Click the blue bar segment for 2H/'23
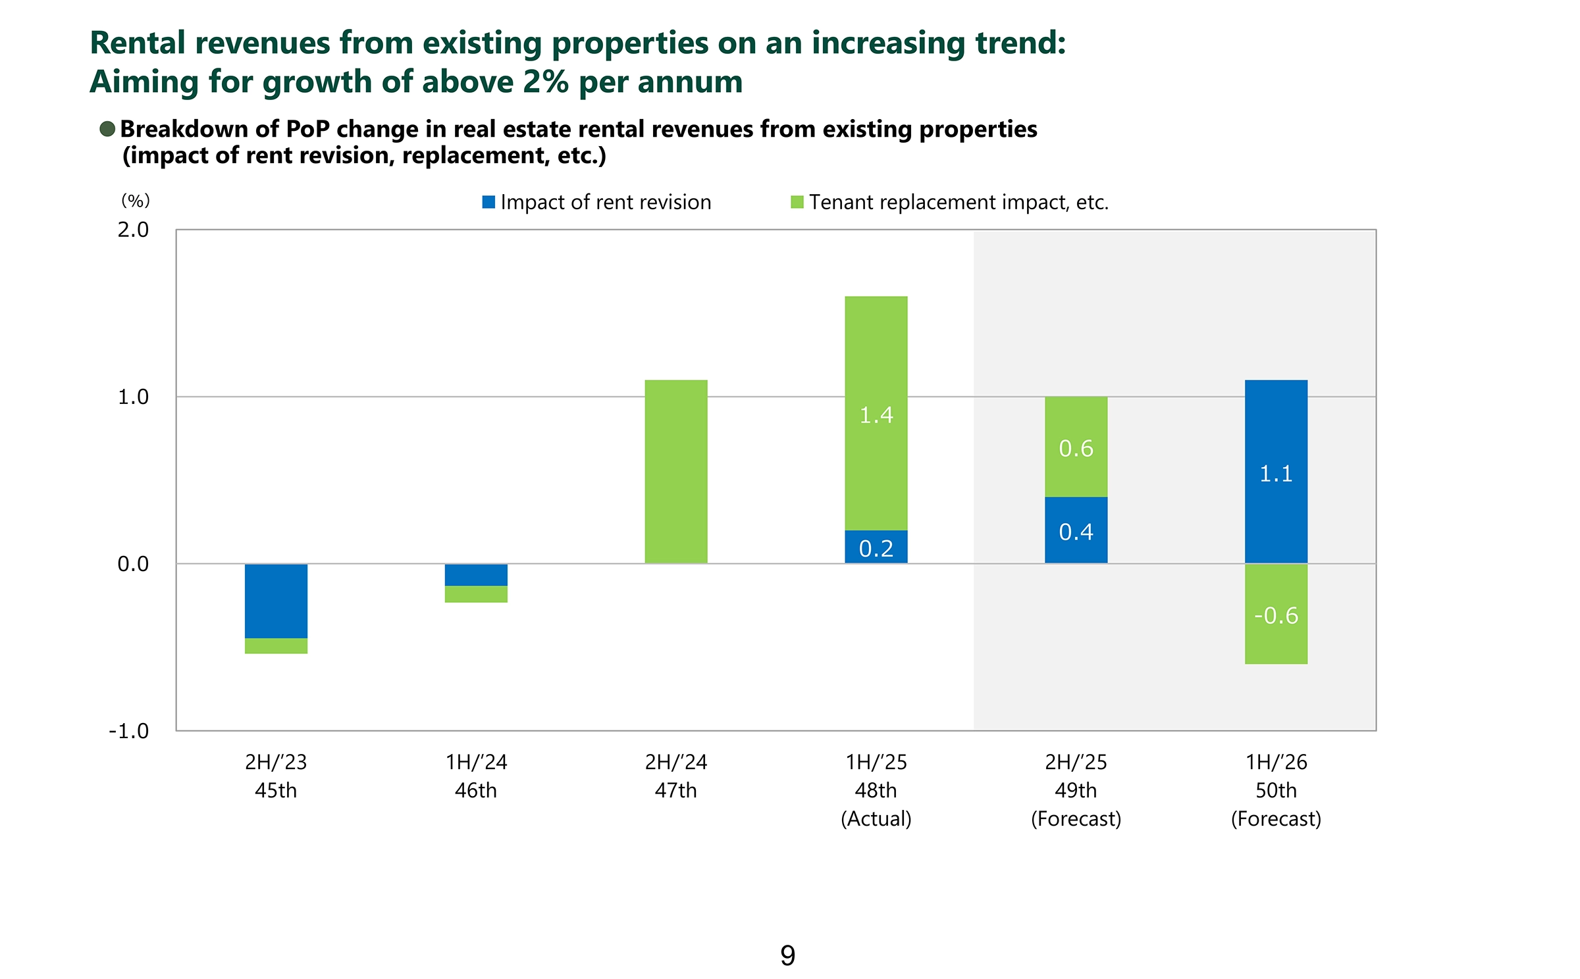[276, 601]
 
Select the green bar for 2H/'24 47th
[675, 471]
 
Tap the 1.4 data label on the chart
[876, 415]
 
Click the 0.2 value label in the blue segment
[876, 548]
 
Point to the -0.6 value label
[1276, 616]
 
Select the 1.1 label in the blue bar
[1276, 474]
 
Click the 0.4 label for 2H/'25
[1076, 532]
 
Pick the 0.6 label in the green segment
[1076, 449]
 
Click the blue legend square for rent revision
[488, 202]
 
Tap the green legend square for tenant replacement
[797, 202]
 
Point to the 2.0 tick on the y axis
[133, 230]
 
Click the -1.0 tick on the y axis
[129, 731]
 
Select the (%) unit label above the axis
[136, 200]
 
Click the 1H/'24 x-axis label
[476, 762]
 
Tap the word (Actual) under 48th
[876, 818]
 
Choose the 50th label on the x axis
[1276, 790]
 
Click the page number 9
[788, 955]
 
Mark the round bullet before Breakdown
[107, 129]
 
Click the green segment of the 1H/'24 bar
[476, 594]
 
